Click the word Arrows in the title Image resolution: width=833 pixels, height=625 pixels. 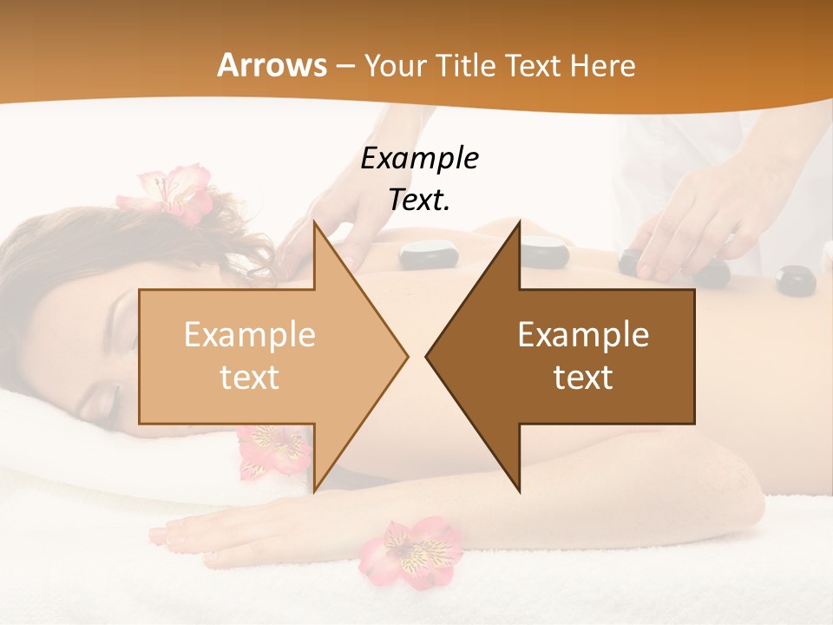pyautogui.click(x=272, y=65)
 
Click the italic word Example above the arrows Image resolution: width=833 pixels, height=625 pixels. pyautogui.click(x=420, y=158)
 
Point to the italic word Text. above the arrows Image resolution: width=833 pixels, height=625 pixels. pyautogui.click(x=420, y=200)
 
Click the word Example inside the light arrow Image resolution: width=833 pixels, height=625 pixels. pyautogui.click(x=250, y=335)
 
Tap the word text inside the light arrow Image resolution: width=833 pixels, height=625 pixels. pyautogui.click(x=250, y=377)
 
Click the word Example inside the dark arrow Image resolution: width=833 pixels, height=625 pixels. pyautogui.click(x=583, y=335)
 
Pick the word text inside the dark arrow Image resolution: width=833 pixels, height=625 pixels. pyautogui.click(x=583, y=377)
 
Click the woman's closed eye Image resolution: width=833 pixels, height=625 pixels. pyautogui.click(x=102, y=399)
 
